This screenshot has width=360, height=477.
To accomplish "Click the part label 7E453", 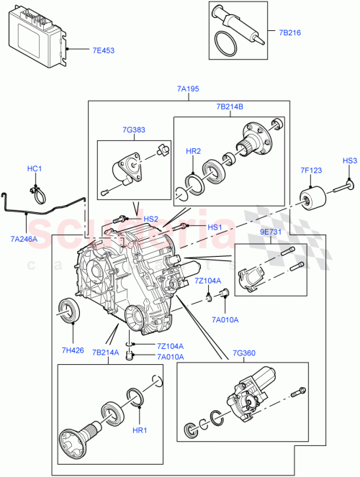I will click(x=104, y=50).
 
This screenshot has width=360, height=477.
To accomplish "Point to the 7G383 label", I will click(x=133, y=131).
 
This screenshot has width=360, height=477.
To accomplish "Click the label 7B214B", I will click(x=229, y=106).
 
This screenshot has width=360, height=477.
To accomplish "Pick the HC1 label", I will click(x=35, y=169).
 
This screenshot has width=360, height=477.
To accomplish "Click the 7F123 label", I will click(x=311, y=171).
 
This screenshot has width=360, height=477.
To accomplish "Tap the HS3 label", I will click(x=349, y=160).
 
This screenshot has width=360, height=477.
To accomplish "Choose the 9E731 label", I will click(x=271, y=234).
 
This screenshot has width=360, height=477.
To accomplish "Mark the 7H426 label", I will click(x=73, y=350).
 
